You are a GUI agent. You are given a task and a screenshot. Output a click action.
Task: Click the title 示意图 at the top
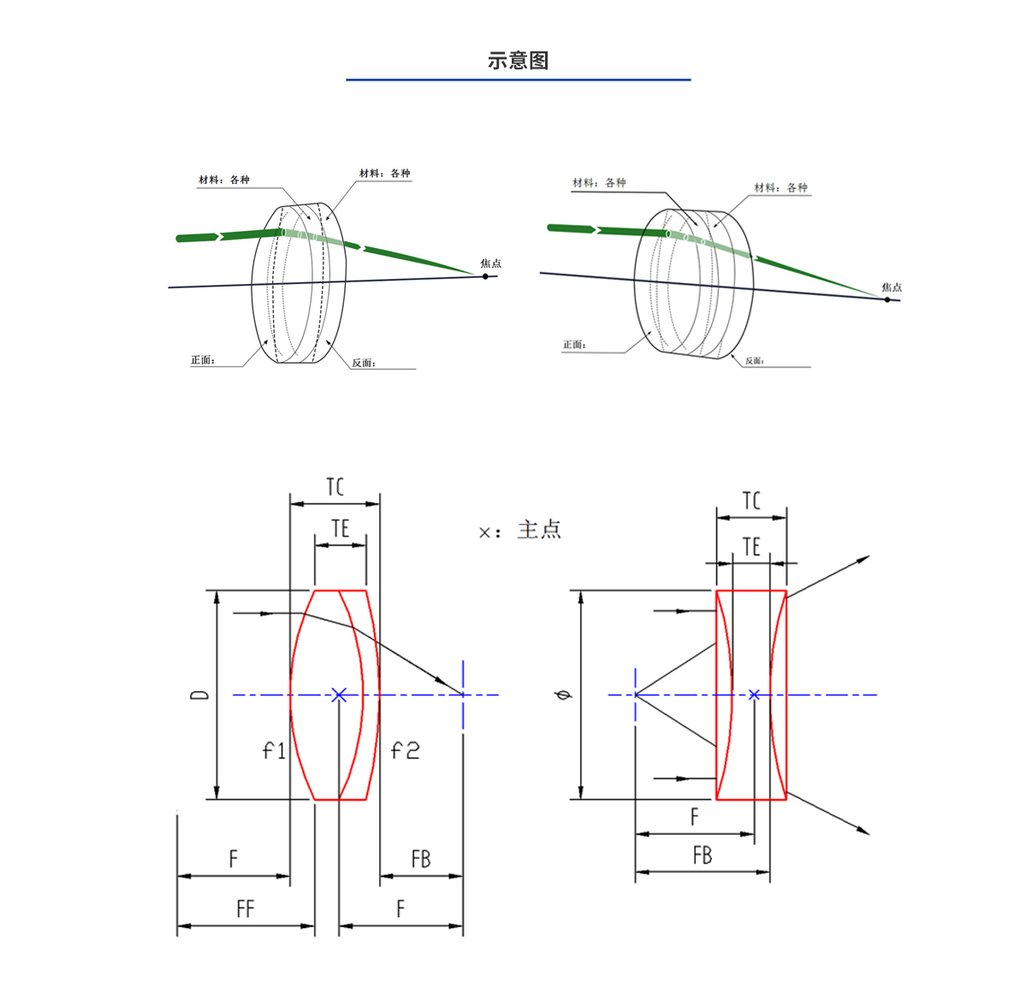click(518, 61)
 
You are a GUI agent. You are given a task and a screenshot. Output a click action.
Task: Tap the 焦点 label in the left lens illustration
click(490, 263)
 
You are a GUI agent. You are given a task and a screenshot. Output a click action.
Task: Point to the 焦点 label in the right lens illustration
click(892, 287)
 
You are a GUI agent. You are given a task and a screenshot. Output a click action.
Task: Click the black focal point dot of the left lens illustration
click(485, 276)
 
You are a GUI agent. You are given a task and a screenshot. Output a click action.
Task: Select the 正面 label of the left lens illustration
click(203, 360)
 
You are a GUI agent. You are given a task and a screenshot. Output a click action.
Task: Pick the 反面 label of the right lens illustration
click(754, 361)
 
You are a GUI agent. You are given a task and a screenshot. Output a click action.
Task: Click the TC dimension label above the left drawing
click(335, 488)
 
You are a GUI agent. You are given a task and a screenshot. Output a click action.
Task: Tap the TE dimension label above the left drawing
click(341, 529)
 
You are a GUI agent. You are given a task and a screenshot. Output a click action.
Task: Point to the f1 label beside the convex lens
click(274, 751)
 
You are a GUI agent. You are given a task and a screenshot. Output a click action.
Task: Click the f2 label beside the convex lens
click(405, 751)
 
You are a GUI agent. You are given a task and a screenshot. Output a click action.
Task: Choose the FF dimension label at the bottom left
click(246, 909)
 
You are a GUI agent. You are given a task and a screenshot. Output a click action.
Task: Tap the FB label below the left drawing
click(421, 859)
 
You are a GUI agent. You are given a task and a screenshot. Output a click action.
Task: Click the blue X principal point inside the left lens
click(339, 695)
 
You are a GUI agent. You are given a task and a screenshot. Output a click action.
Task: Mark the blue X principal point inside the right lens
click(754, 695)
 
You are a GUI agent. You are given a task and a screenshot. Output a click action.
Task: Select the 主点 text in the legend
click(539, 530)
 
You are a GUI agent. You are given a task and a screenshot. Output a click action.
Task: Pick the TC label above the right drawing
click(751, 501)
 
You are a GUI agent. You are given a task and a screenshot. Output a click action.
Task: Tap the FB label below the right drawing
click(703, 855)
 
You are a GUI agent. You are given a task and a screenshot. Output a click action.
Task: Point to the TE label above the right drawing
click(751, 547)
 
